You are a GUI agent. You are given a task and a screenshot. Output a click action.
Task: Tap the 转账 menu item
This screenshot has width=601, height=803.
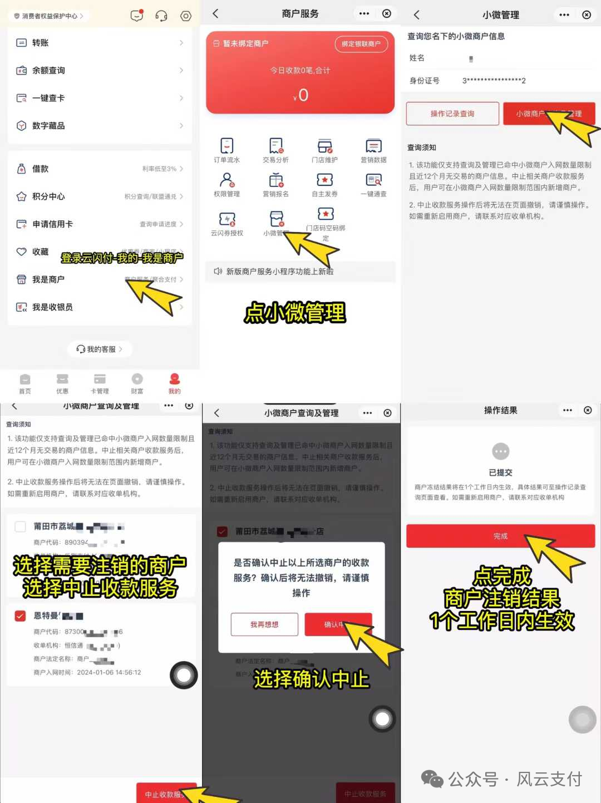[40, 43]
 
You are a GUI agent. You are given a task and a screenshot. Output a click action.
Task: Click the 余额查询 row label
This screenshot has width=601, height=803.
[48, 71]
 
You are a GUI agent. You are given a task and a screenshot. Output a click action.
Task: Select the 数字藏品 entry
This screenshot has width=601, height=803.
[48, 126]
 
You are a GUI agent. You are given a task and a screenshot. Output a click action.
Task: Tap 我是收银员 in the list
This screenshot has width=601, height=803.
[52, 307]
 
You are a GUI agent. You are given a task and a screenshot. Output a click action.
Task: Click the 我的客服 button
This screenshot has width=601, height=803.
[100, 349]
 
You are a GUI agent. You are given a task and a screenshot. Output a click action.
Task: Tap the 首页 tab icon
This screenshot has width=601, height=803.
[25, 380]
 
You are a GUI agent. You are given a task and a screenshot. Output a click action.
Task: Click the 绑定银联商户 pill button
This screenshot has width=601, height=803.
[361, 44]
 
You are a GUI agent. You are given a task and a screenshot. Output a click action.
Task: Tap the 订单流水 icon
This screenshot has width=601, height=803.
[226, 146]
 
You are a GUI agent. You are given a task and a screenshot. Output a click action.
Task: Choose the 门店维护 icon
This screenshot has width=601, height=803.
[324, 146]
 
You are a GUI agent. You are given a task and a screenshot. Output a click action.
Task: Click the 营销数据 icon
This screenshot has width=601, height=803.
[373, 146]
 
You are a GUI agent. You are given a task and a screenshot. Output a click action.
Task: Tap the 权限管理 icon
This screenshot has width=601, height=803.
[226, 180]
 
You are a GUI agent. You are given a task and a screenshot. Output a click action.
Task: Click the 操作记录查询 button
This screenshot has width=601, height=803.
[452, 114]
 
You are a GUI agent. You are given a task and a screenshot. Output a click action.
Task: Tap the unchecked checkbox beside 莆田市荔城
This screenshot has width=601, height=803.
[21, 526]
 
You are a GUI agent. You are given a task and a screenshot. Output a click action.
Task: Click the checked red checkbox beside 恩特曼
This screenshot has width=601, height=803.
[21, 615]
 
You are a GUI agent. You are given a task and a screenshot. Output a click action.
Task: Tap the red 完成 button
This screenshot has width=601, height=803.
[500, 536]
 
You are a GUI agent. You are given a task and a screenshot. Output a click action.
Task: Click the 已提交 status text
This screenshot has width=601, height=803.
[500, 472]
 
